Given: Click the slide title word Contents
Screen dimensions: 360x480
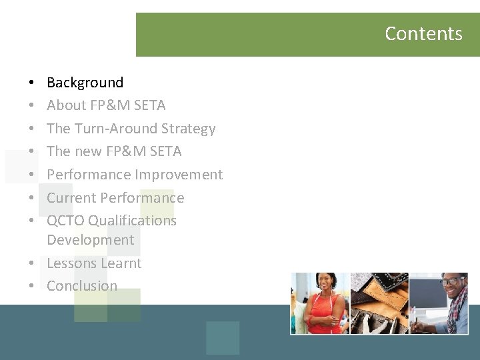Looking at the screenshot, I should coord(423,33).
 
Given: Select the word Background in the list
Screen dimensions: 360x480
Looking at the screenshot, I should coord(85,83).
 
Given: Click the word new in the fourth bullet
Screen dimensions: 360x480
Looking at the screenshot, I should coord(88,151).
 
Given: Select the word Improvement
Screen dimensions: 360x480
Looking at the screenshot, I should coord(179,175).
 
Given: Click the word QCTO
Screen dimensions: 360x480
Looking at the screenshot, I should coord(65,221).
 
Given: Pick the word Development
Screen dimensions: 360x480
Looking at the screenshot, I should coord(90,240).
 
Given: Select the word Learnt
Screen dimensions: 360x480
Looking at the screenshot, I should coord(121,263).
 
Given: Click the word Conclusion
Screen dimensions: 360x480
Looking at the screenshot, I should coord(81,286).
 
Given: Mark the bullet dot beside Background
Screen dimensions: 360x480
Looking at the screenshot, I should coord(32,83).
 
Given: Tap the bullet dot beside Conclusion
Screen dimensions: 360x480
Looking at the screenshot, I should coord(32,287).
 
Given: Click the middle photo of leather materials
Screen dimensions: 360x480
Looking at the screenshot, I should coord(379,303).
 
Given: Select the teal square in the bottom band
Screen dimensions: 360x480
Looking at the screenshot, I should coord(223,338).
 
